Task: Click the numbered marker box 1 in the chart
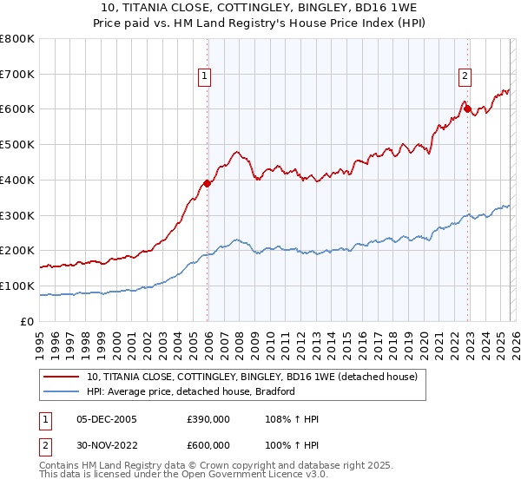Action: pos(204,76)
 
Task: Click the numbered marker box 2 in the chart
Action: pos(465,76)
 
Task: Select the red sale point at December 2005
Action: pos(208,183)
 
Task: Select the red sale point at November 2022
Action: pos(467,108)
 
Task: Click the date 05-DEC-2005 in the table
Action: pos(106,419)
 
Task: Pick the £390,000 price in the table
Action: pos(208,419)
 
